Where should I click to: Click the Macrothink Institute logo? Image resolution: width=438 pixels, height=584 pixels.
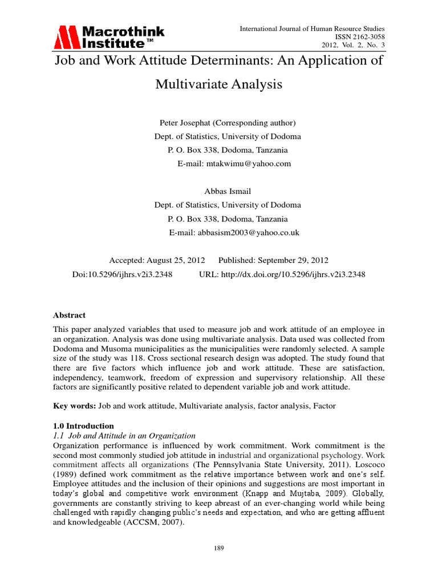pyautogui.click(x=109, y=37)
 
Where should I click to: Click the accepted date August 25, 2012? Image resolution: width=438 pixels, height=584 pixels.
pyautogui.click(x=171, y=260)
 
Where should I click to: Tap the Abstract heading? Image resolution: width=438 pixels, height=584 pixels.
pyautogui.click(x=69, y=315)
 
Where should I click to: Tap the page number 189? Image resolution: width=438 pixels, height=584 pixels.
pyautogui.click(x=219, y=549)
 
